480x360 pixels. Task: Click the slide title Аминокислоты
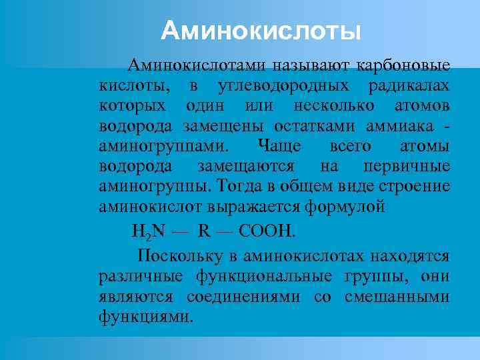pos(262,30)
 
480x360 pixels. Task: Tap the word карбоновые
pos(404,65)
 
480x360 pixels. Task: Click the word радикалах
pos(409,85)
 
